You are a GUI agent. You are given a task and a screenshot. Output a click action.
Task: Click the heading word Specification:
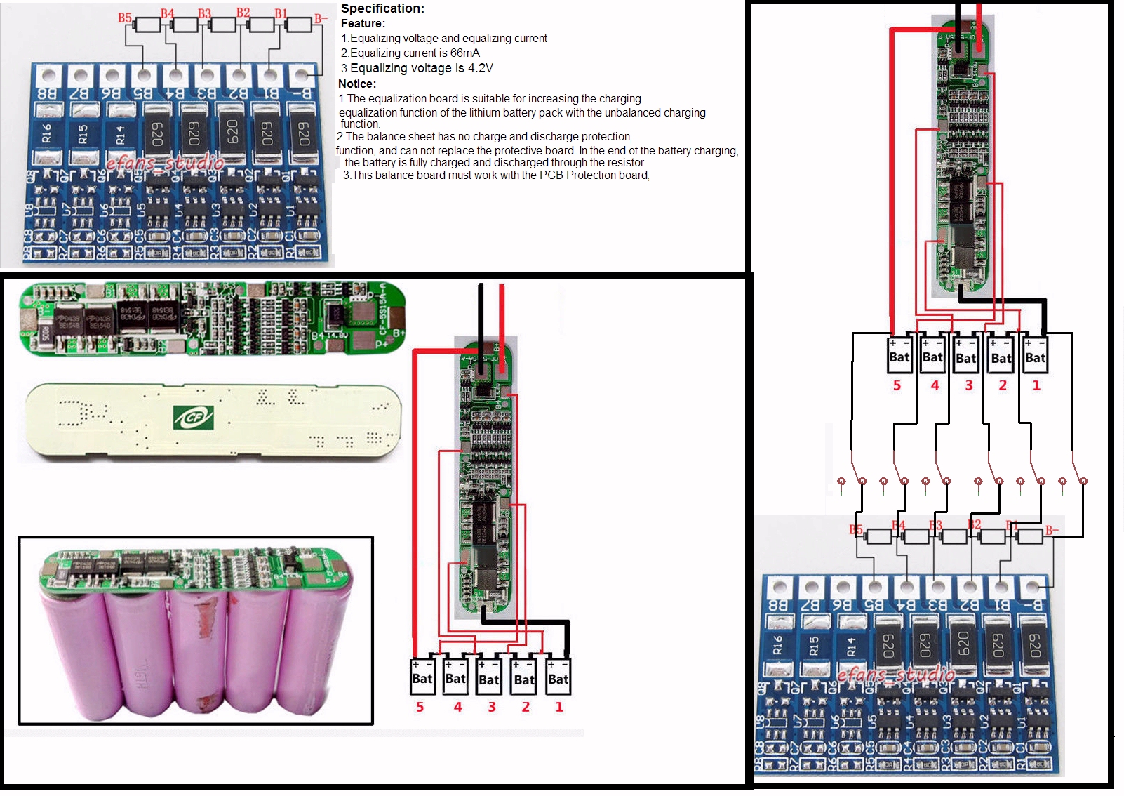pyautogui.click(x=382, y=8)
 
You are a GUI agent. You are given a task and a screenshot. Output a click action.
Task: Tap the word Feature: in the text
pyautogui.click(x=363, y=24)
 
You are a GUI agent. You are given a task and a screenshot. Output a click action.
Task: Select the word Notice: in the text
pyautogui.click(x=357, y=84)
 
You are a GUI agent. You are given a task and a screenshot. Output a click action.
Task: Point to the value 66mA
pyautogui.click(x=464, y=53)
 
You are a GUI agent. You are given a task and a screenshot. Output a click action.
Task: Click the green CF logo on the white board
pyautogui.click(x=193, y=418)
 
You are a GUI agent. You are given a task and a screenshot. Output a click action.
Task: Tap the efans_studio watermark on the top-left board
pyautogui.click(x=165, y=163)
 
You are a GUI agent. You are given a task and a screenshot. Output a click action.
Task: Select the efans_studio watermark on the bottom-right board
pyautogui.click(x=896, y=675)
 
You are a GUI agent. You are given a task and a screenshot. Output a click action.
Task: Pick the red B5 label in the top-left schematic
pyautogui.click(x=125, y=18)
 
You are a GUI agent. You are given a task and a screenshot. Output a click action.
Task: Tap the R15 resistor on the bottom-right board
pyautogui.click(x=813, y=645)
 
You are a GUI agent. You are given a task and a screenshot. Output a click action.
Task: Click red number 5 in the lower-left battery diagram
pyautogui.click(x=420, y=707)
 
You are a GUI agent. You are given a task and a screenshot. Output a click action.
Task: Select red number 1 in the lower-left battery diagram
pyautogui.click(x=559, y=707)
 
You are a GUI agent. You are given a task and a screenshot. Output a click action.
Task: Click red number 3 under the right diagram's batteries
pyautogui.click(x=969, y=385)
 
